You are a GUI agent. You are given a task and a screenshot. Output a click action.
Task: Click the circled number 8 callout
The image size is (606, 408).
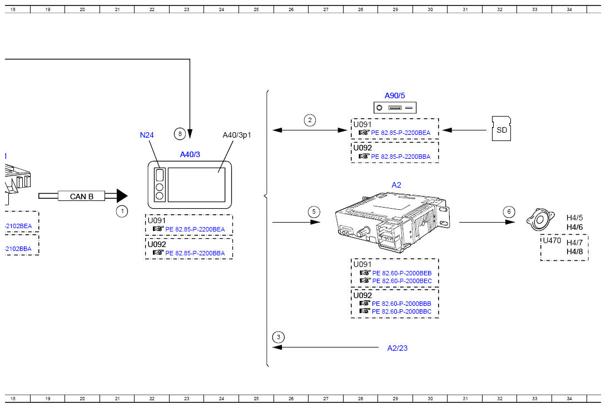click(x=179, y=133)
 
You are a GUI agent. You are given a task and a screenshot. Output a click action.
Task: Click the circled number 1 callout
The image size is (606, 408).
click(x=122, y=211)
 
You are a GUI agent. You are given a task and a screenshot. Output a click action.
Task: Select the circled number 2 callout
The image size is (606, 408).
click(x=310, y=119)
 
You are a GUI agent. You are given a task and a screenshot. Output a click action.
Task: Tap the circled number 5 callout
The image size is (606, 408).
click(x=314, y=211)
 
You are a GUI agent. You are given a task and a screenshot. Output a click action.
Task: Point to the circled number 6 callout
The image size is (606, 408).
click(x=508, y=211)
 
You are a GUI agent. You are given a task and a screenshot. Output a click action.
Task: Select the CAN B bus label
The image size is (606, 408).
click(x=82, y=196)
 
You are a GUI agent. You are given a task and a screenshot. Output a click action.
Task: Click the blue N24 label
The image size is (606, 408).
click(x=147, y=135)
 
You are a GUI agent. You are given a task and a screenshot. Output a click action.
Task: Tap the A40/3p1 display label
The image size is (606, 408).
click(x=237, y=135)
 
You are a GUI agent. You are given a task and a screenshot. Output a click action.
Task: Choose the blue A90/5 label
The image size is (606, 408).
click(x=395, y=95)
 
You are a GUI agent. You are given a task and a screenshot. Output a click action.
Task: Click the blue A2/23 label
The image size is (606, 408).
click(x=398, y=348)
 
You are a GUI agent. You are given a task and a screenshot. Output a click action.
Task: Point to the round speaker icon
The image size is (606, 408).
click(x=539, y=219)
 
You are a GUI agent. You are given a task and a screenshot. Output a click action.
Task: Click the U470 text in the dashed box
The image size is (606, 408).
click(x=552, y=241)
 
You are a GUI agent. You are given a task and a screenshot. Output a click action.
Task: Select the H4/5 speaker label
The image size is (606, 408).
click(x=574, y=218)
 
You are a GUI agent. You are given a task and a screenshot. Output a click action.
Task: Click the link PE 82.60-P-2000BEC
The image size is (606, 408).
click(x=401, y=281)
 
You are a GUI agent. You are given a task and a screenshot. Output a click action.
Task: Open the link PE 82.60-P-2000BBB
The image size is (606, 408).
click(x=401, y=304)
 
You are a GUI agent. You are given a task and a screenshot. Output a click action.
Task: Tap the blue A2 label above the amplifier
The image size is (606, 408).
click(x=396, y=185)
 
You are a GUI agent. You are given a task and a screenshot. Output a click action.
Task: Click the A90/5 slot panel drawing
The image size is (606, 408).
click(x=395, y=108)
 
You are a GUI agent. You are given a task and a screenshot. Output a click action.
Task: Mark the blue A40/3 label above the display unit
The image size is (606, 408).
click(x=190, y=155)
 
